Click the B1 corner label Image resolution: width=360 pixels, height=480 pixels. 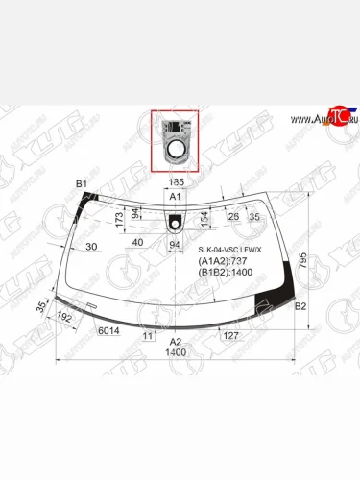82,183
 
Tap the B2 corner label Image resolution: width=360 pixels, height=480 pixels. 300,306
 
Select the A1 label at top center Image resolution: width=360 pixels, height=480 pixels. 175,196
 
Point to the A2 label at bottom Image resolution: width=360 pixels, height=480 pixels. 175,341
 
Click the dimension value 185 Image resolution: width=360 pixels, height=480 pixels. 176,181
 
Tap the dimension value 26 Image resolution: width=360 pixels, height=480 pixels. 233,217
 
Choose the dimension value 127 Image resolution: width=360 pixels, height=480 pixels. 229,336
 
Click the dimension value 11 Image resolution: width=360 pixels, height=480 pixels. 147,337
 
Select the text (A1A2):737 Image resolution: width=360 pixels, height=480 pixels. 223,261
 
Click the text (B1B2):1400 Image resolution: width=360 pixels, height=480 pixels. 226,274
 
